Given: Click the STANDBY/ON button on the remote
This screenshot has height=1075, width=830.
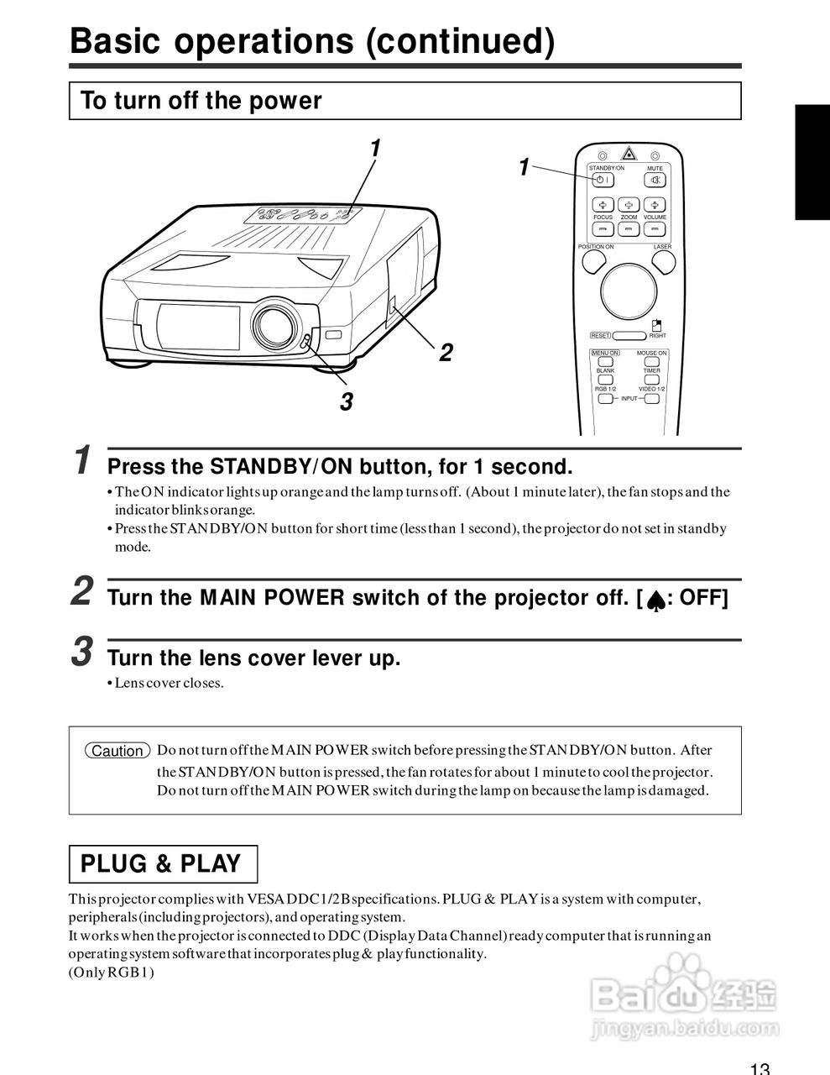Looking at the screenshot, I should tap(602, 180).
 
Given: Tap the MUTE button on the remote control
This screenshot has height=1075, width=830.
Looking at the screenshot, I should tap(655, 180).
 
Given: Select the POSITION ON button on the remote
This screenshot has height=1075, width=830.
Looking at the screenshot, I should tap(593, 262).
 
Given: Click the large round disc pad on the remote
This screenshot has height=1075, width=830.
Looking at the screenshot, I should tap(629, 291).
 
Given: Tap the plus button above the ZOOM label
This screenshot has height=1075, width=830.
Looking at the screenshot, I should tap(629, 205).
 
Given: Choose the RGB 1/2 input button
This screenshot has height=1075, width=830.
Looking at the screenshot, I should tap(605, 398).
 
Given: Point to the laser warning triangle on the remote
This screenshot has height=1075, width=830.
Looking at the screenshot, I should tap(629, 154).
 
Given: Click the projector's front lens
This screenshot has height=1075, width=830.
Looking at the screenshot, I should tap(274, 325).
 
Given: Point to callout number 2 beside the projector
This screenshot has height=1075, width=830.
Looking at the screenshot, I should tap(446, 353).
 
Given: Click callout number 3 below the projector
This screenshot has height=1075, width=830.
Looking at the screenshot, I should tap(346, 402).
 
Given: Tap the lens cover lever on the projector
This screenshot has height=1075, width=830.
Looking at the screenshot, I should tap(306, 342).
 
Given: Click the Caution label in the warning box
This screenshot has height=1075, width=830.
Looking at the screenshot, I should tap(117, 751).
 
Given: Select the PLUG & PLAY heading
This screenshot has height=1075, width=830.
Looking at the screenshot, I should tap(161, 864).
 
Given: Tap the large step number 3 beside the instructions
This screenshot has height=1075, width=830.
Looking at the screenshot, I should tap(81, 652).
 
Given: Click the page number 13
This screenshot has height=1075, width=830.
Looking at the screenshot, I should tap(760, 1068).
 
